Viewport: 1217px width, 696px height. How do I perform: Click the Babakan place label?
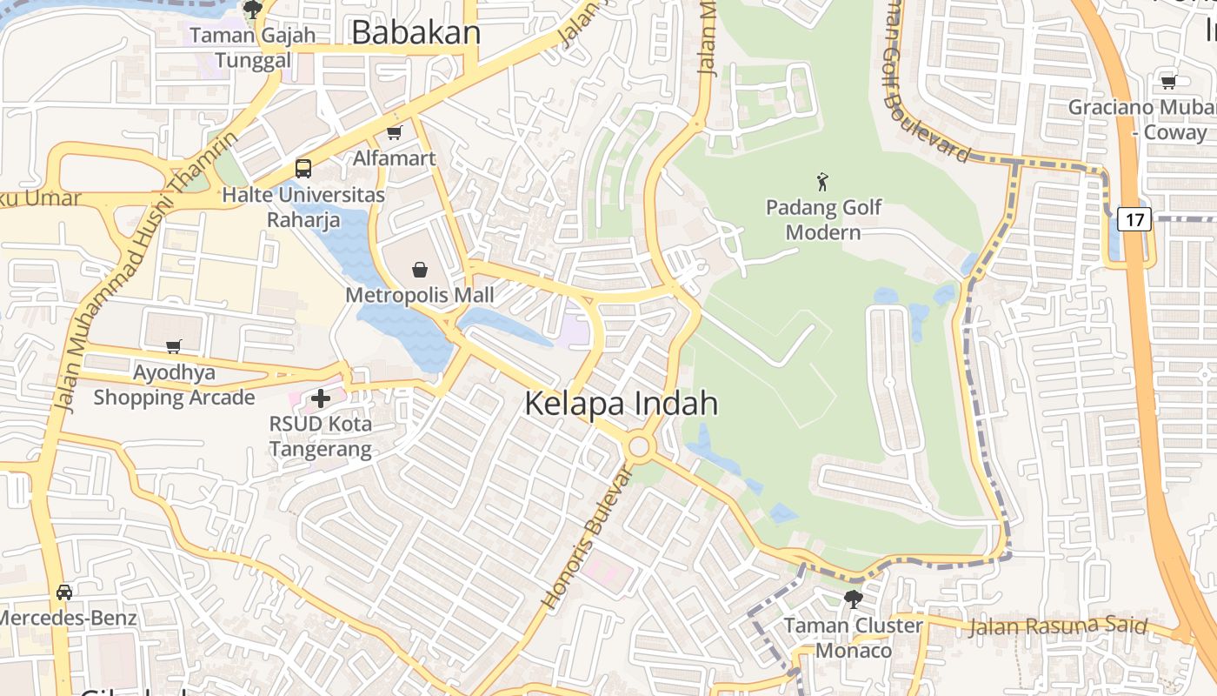coord(416,32)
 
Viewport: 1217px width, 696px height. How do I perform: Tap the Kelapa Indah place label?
coord(622,404)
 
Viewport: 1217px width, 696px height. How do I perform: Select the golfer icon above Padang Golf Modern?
coord(822,182)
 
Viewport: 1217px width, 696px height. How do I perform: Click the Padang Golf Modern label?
coord(823,220)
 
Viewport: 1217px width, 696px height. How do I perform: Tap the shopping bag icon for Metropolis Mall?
coord(420,270)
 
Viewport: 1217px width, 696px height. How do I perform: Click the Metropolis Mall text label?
coord(420,295)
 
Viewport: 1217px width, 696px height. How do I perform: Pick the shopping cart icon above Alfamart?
coord(395,133)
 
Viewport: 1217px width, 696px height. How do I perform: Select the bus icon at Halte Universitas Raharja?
coord(303,169)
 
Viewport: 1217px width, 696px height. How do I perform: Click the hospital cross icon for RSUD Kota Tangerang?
coord(321,398)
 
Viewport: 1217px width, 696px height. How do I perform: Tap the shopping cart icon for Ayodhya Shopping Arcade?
coord(174,347)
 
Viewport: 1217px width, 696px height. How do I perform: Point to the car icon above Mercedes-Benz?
coord(64,592)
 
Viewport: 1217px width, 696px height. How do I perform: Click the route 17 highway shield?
coord(1134,218)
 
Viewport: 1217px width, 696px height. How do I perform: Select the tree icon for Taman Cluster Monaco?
coord(853,599)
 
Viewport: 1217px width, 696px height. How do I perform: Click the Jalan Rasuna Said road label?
coord(1057,626)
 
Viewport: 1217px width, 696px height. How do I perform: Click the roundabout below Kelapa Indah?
coord(640,447)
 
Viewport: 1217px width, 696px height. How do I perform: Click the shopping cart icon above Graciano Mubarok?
coord(1169,83)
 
